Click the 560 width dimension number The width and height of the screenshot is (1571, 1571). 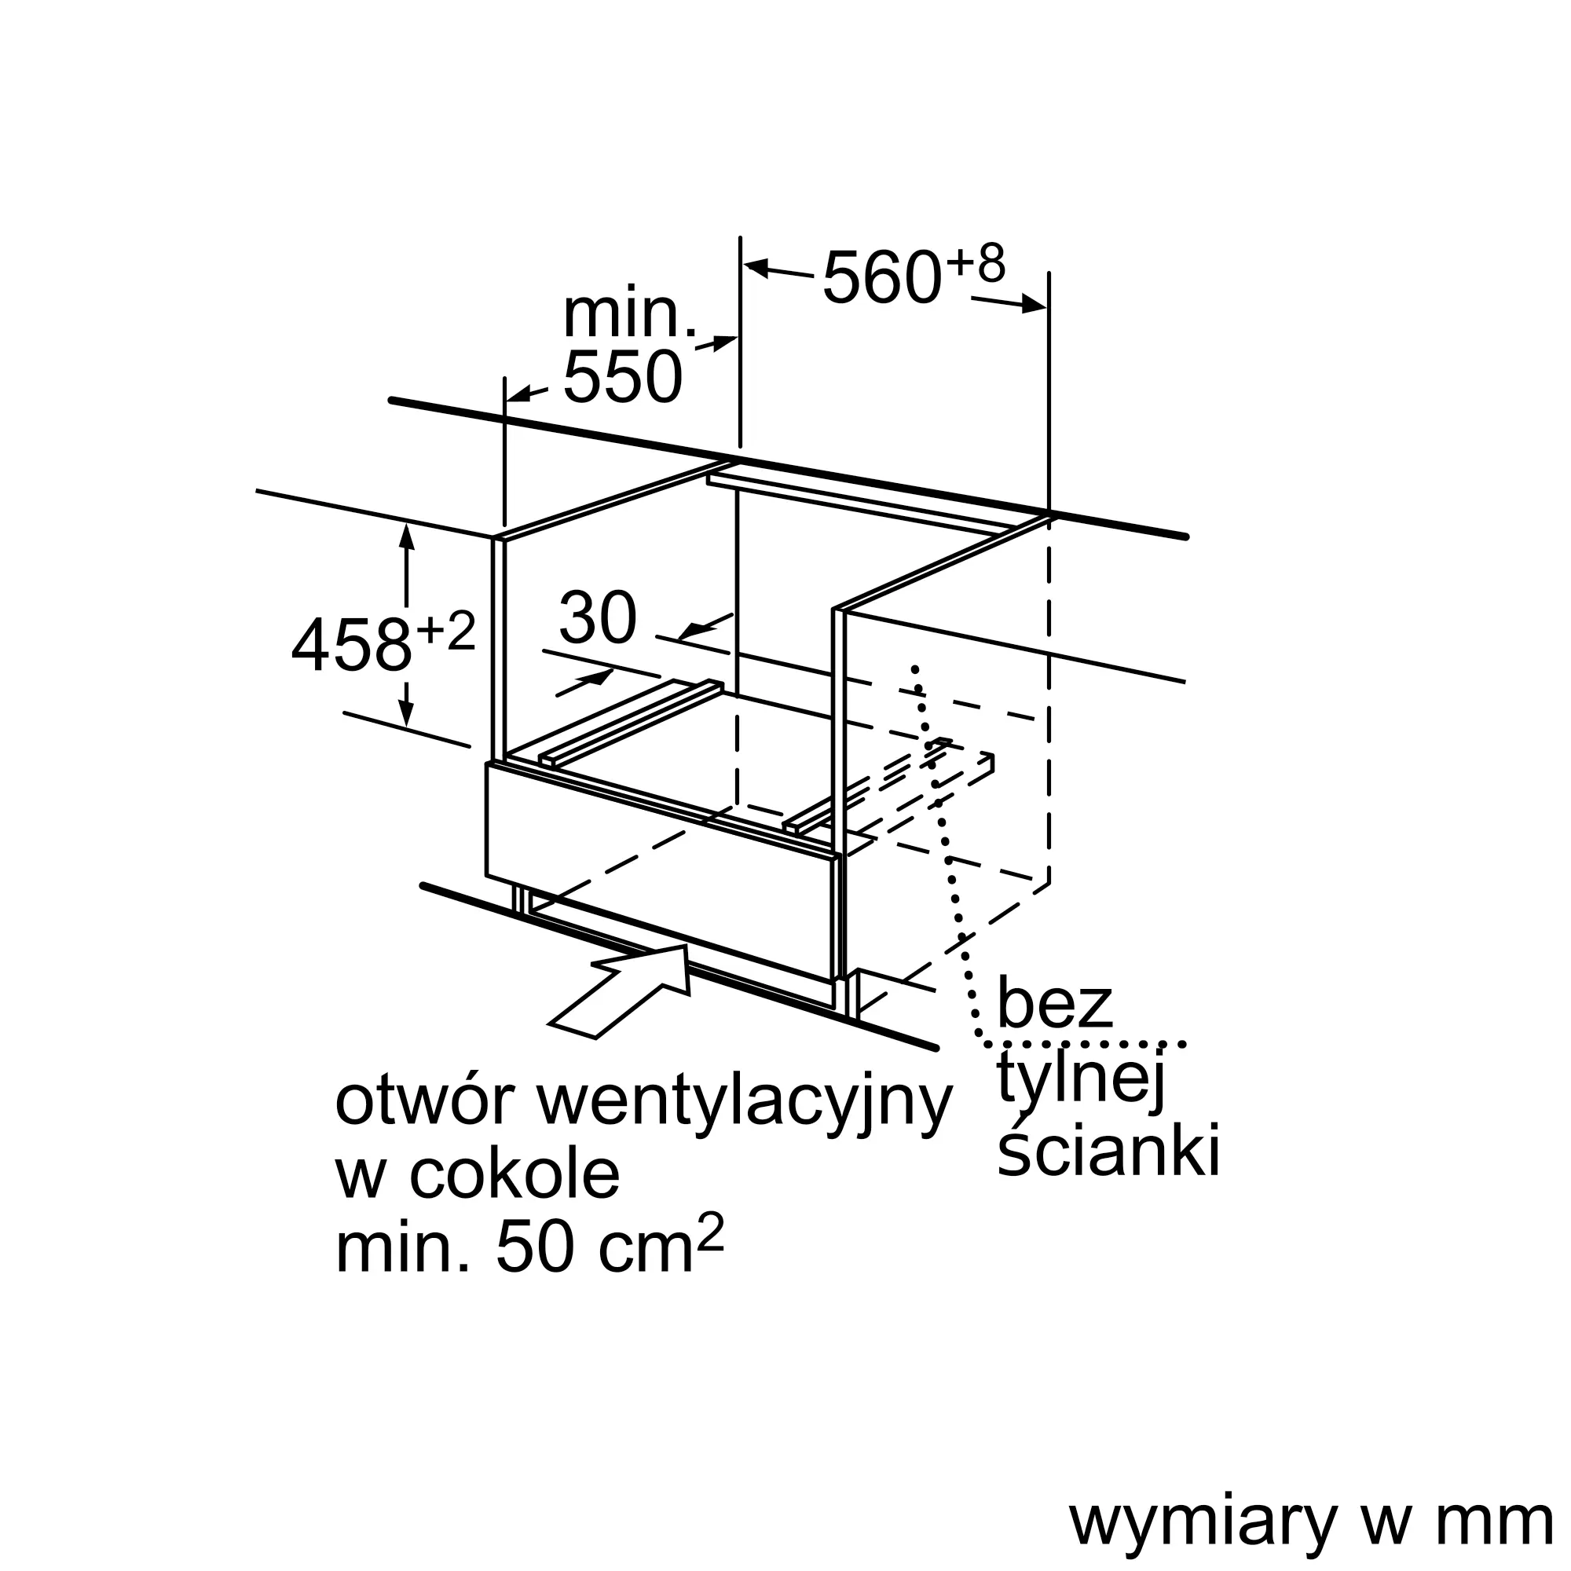(881, 279)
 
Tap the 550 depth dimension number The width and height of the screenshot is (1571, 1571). (622, 377)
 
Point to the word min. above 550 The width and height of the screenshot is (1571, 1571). (629, 314)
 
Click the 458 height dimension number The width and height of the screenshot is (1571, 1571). (351, 646)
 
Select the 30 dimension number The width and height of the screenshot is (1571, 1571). (598, 619)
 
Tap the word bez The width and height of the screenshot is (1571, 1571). (1054, 1005)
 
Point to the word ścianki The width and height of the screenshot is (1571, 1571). (1108, 1149)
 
